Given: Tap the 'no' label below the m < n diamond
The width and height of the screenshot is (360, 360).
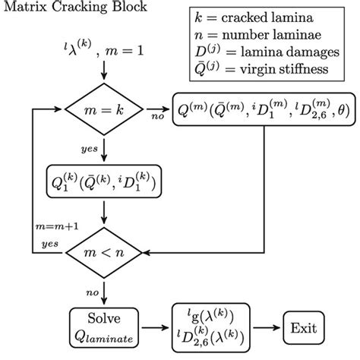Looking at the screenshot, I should pos(91,289).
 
